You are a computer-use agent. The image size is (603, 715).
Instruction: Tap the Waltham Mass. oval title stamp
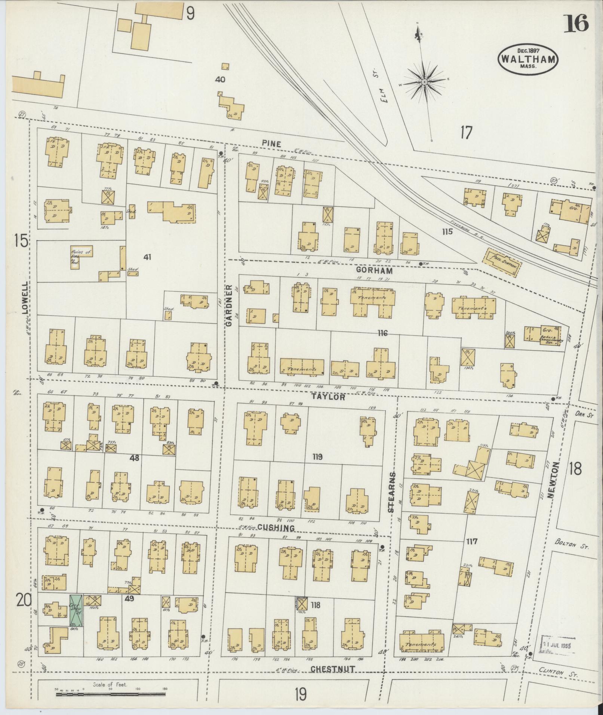pyautogui.click(x=527, y=59)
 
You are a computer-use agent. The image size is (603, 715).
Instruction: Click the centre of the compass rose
pyautogui.click(x=425, y=81)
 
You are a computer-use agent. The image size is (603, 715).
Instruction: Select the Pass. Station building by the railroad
pyautogui.click(x=503, y=262)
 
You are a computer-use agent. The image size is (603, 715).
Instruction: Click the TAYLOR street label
pyautogui.click(x=329, y=397)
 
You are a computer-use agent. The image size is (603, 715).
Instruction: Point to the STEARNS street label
pyautogui.click(x=391, y=493)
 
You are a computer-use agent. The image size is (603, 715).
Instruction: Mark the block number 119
pyautogui.click(x=318, y=457)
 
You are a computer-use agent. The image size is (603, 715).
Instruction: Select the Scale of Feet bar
pyautogui.click(x=111, y=694)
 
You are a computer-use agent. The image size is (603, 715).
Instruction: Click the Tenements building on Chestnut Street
pyautogui.click(x=422, y=644)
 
